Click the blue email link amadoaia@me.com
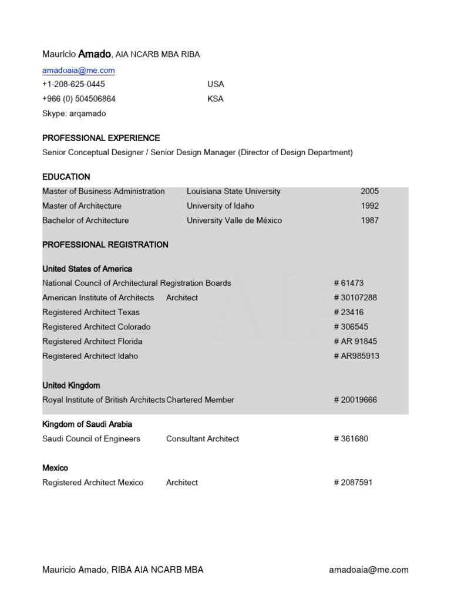tap(78, 70)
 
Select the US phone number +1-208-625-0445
tap(73, 84)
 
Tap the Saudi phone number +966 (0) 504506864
tap(79, 99)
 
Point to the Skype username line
tap(74, 113)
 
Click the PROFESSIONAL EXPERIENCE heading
tap(101, 138)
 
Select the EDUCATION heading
tap(66, 177)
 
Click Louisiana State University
tap(234, 192)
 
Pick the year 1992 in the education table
tap(370, 206)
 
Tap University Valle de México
tap(234, 220)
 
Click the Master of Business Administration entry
tap(103, 192)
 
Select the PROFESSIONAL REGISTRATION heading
tap(105, 245)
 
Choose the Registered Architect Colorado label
tap(96, 327)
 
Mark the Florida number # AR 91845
tap(355, 342)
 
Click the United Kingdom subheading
tap(71, 386)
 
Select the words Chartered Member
tap(200, 400)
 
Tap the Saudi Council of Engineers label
tap(91, 439)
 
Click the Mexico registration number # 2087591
tap(353, 483)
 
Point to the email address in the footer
tap(369, 570)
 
